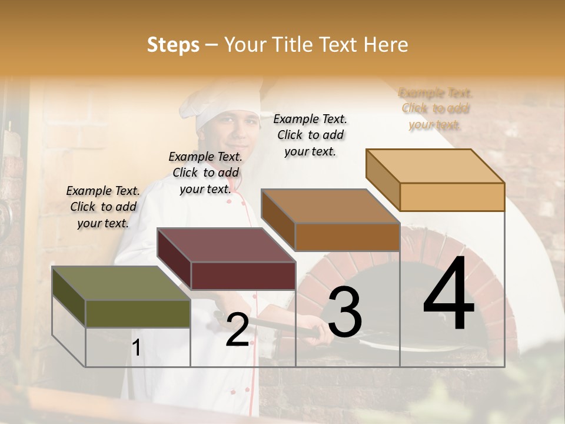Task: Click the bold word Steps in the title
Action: click(x=173, y=45)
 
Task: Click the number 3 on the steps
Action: click(x=344, y=312)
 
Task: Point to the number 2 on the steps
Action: click(x=237, y=330)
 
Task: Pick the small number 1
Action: click(x=136, y=347)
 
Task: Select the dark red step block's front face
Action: click(x=243, y=276)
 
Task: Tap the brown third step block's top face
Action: click(x=330, y=206)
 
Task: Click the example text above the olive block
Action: click(x=103, y=207)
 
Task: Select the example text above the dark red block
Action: click(x=205, y=173)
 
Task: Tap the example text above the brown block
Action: click(x=310, y=135)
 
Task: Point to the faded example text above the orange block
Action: click(x=436, y=108)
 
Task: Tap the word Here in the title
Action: click(x=385, y=45)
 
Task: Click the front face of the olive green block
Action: click(x=138, y=313)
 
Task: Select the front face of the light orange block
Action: click(x=452, y=197)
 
